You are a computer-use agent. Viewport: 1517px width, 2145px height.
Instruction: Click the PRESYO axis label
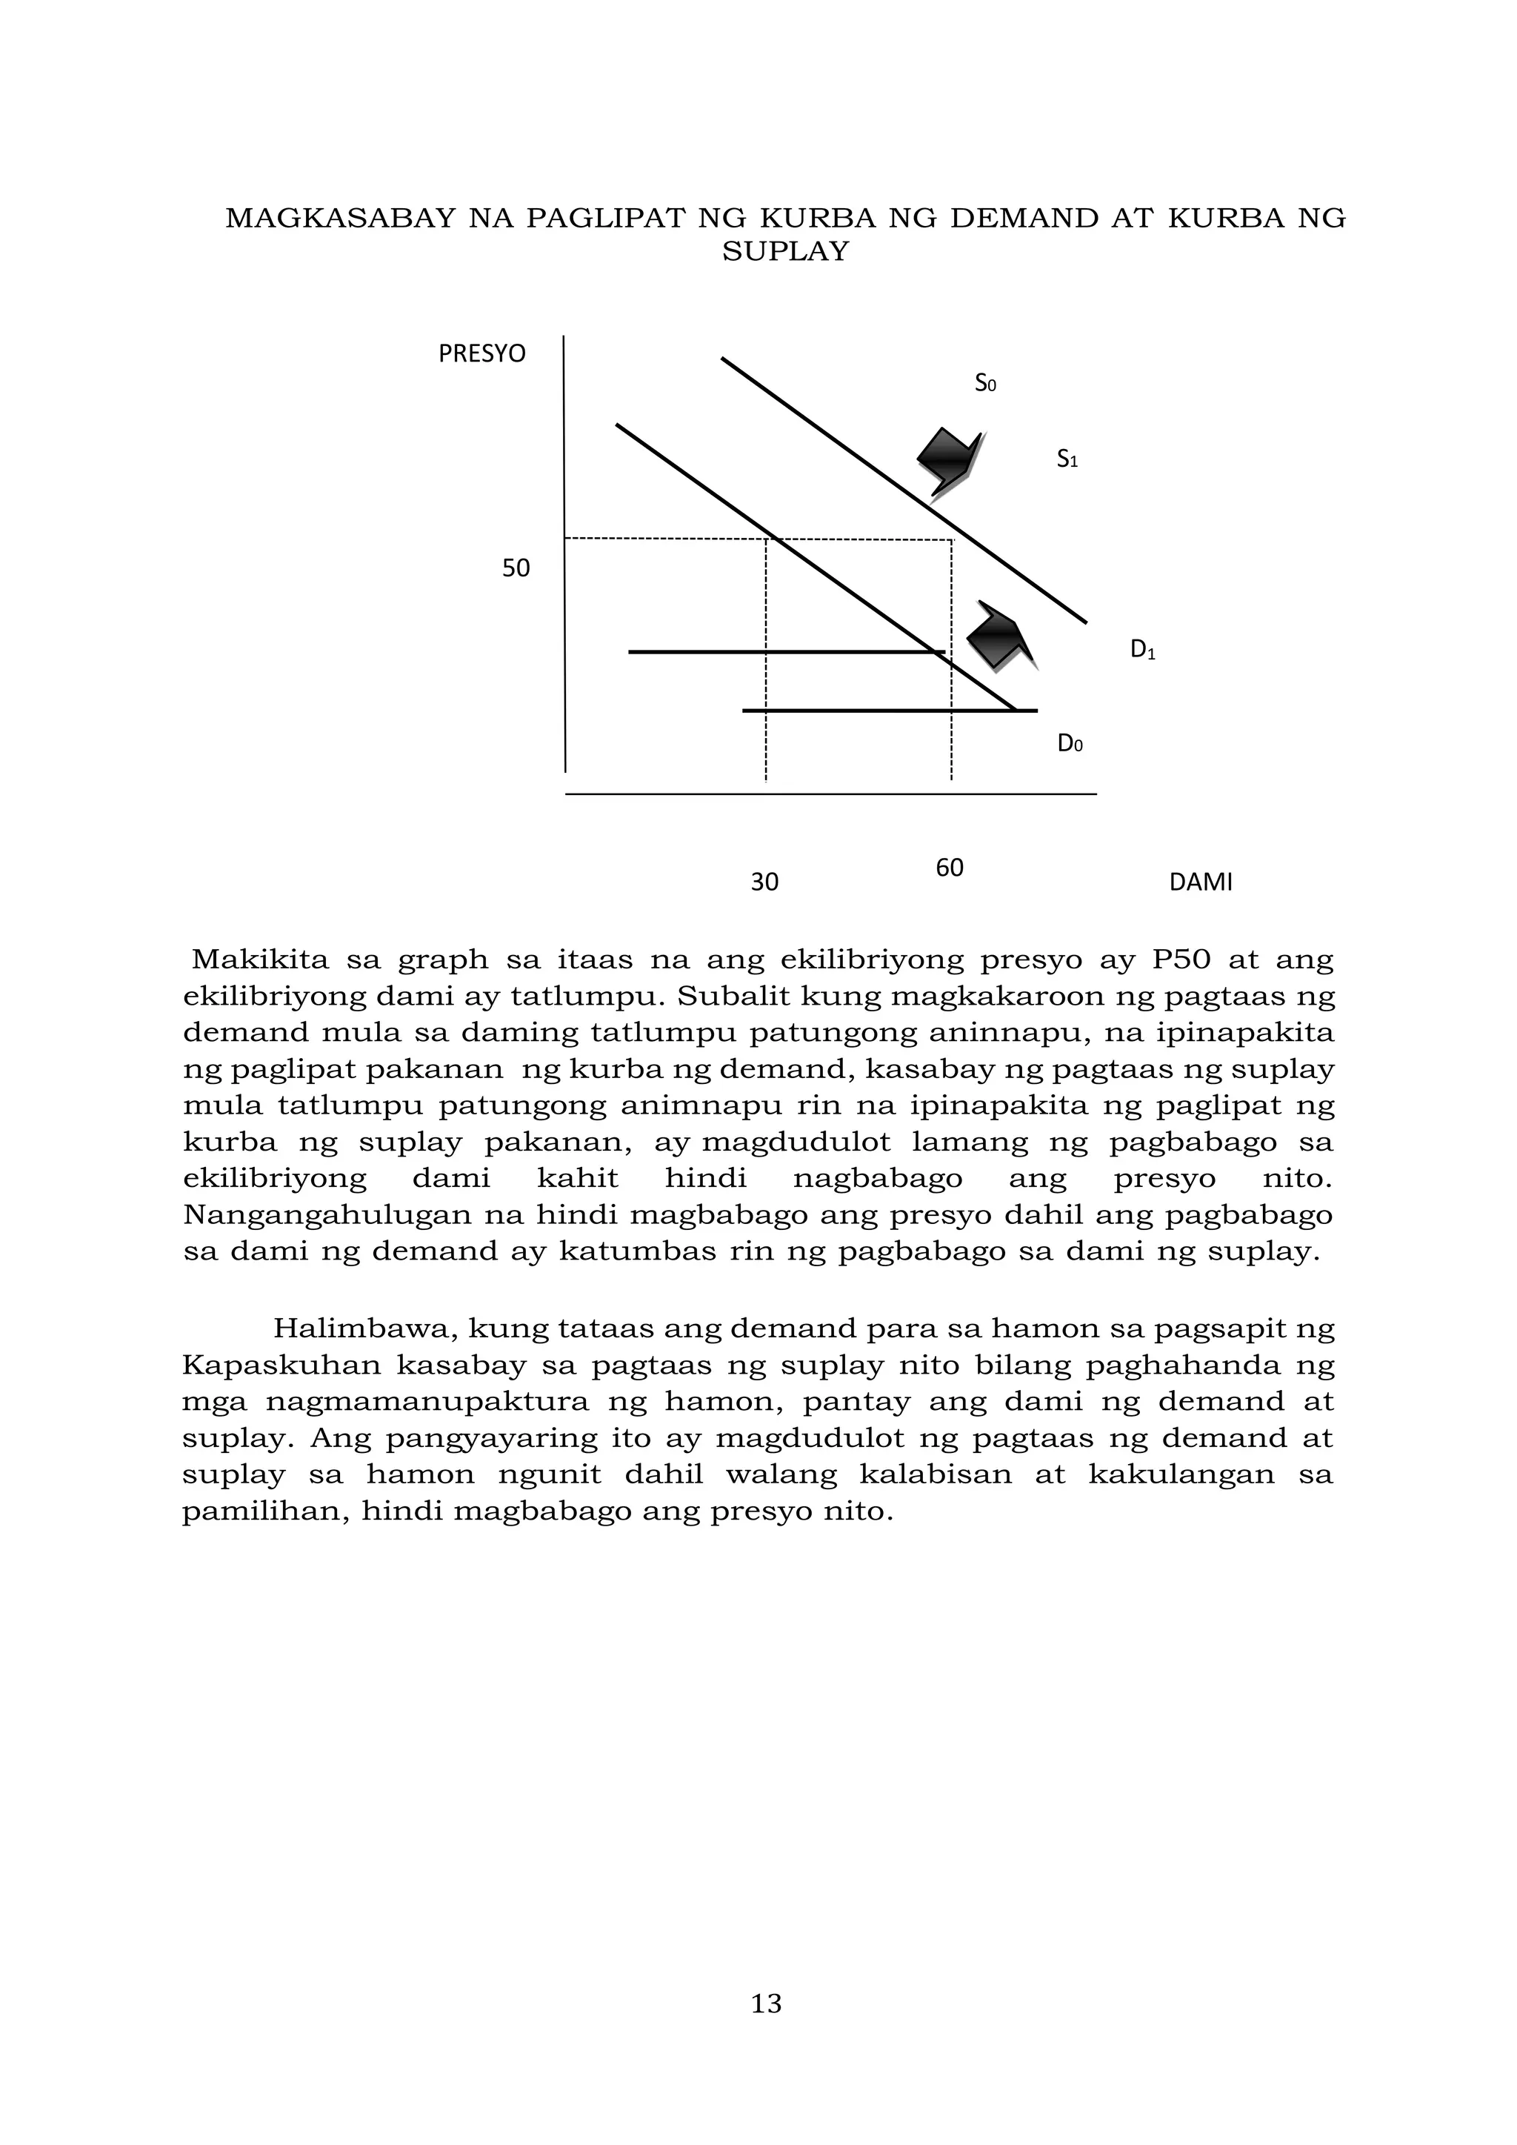(x=482, y=354)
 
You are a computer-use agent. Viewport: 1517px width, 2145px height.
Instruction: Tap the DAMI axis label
(x=1200, y=882)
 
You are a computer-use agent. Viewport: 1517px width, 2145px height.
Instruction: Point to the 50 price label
(x=516, y=568)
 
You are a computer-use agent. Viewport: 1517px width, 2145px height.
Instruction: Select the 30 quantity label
(x=764, y=882)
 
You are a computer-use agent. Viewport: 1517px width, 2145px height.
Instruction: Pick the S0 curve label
(x=985, y=383)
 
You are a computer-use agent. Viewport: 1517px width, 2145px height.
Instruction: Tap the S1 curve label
(x=1067, y=459)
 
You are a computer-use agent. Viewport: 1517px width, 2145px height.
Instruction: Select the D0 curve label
(x=1070, y=744)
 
